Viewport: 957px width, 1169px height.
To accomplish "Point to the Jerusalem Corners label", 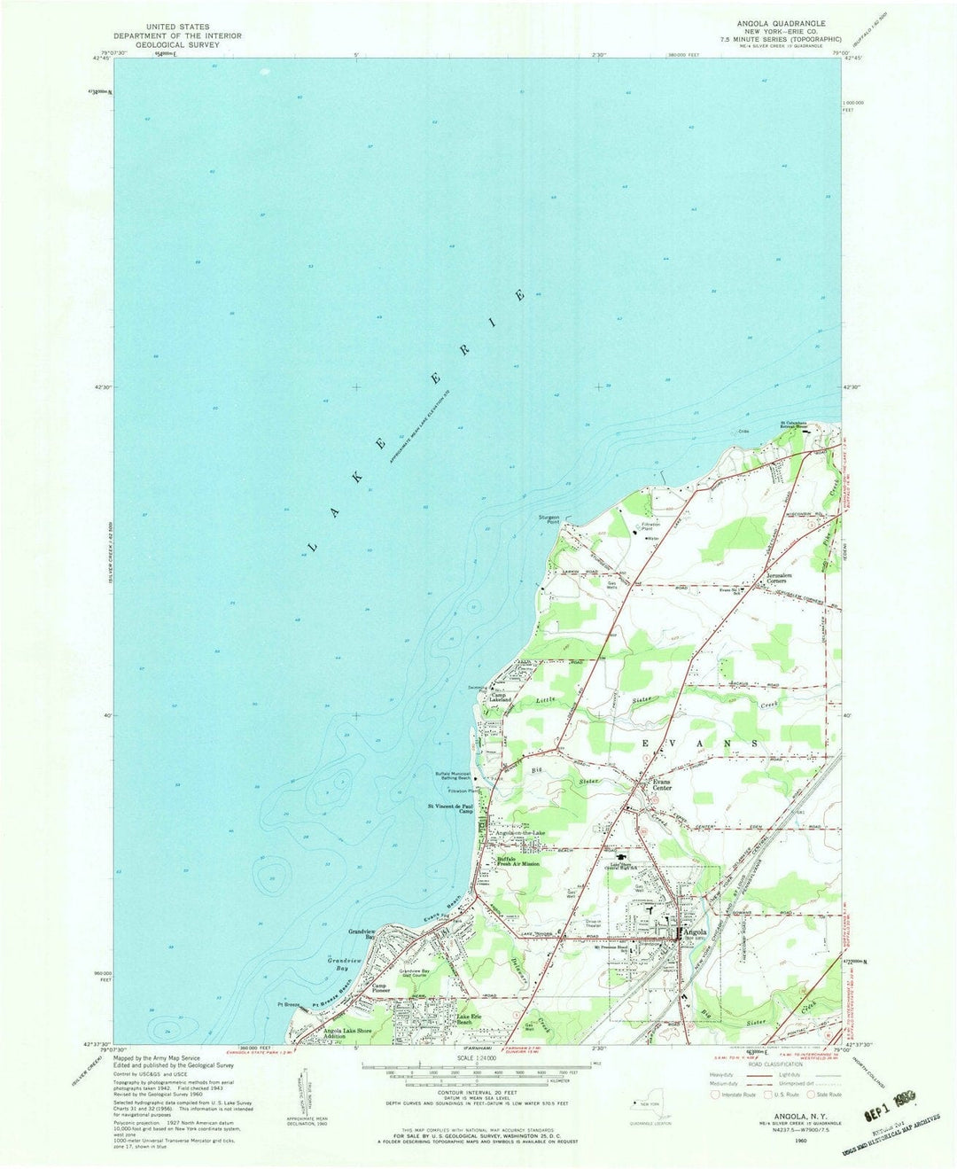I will pyautogui.click(x=782, y=577).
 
